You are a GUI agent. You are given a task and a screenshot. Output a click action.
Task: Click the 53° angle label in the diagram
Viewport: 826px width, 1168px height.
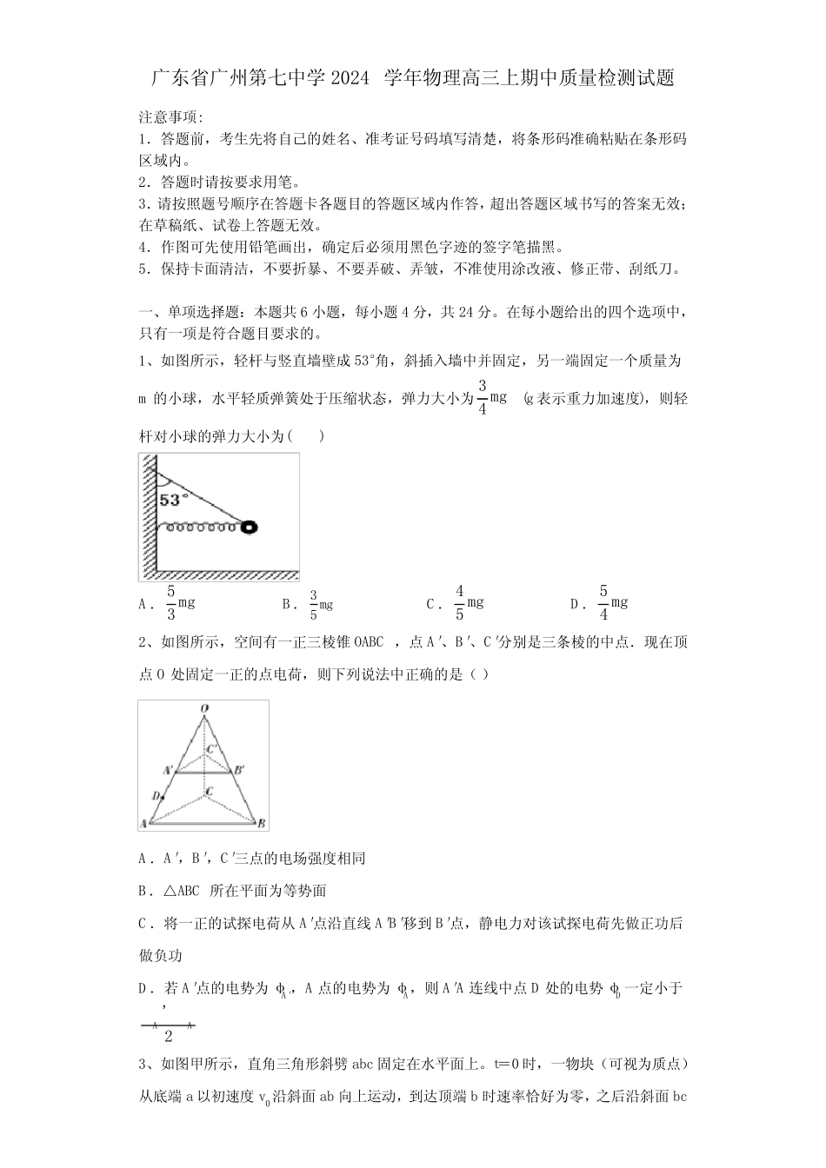[172, 500]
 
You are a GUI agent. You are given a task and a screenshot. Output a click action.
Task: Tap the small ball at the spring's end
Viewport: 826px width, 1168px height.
[250, 526]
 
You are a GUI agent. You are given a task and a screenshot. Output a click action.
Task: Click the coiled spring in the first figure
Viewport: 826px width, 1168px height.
[202, 526]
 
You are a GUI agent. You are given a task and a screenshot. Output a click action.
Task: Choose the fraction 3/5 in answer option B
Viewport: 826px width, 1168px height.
[314, 605]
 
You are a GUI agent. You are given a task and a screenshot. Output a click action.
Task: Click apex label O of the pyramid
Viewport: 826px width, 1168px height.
[204, 709]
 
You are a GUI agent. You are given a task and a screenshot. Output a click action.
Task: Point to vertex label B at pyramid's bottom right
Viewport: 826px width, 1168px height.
[261, 824]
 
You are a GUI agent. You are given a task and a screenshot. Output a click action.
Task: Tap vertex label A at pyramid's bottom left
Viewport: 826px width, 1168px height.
[143, 824]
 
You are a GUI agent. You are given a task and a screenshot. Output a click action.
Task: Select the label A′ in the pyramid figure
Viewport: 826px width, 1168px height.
[168, 769]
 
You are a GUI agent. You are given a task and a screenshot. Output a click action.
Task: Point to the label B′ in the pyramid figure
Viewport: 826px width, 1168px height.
[239, 769]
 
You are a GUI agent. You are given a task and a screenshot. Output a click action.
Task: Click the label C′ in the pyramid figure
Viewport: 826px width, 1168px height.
[212, 747]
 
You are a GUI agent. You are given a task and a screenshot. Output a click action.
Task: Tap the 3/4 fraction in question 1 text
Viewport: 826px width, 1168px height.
[483, 397]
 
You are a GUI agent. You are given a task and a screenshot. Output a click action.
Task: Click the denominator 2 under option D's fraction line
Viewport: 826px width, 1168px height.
[168, 1036]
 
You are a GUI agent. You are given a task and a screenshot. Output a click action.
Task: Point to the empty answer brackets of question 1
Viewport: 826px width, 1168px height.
[309, 435]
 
